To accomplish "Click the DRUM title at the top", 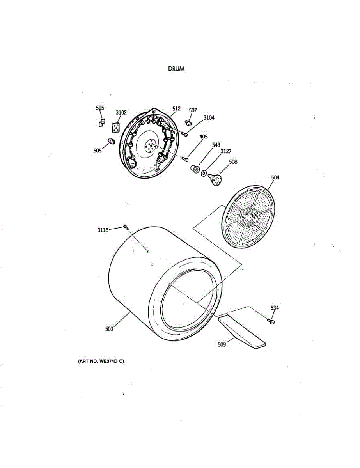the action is pyautogui.click(x=176, y=69).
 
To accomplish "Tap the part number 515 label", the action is pyautogui.click(x=100, y=108).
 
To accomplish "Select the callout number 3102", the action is pyautogui.click(x=121, y=113).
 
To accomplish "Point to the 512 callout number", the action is pyautogui.click(x=176, y=109).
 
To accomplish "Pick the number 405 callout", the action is pyautogui.click(x=204, y=137).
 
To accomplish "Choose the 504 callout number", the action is pyautogui.click(x=275, y=177).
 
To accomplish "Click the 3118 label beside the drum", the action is pyautogui.click(x=104, y=230).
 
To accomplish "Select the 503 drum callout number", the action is pyautogui.click(x=109, y=329).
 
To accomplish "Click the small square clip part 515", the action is pyautogui.click(x=101, y=123).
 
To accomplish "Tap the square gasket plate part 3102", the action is pyautogui.click(x=115, y=128).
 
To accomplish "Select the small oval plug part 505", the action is pyautogui.click(x=111, y=141).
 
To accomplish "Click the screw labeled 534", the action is pyautogui.click(x=271, y=321).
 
